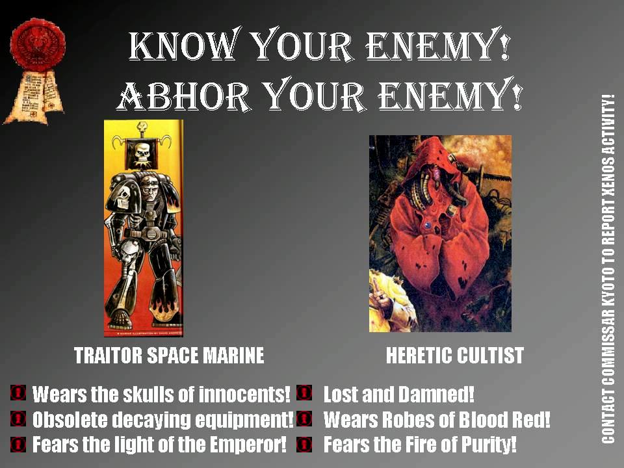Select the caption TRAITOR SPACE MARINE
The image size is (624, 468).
click(x=169, y=356)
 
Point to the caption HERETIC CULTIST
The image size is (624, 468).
click(x=454, y=356)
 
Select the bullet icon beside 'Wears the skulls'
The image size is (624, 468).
click(x=18, y=393)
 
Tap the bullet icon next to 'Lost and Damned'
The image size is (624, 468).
click(x=304, y=393)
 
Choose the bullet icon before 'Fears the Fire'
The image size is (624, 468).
click(x=304, y=445)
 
